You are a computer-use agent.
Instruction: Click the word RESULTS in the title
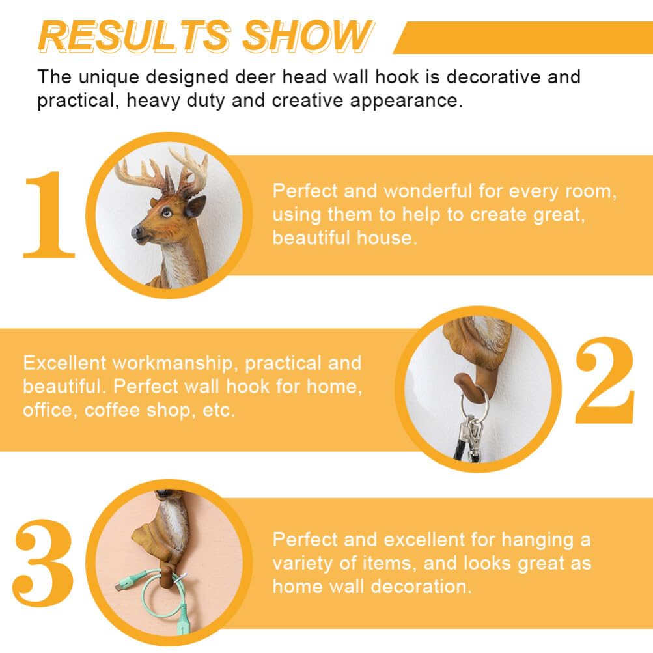coord(134,36)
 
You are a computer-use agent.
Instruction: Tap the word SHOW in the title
coord(307,36)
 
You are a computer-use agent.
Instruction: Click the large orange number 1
coord(49,215)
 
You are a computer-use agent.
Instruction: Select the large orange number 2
coord(605,380)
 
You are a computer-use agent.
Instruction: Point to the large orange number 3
coord(44,563)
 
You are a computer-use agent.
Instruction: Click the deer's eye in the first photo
coord(167,213)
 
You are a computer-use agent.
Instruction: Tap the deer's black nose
coord(137,232)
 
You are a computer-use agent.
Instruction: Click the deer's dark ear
coord(195,206)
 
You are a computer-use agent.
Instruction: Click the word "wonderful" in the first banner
coord(428,191)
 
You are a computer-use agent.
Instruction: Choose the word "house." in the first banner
coord(387,238)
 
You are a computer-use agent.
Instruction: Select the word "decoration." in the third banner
coord(421,587)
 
